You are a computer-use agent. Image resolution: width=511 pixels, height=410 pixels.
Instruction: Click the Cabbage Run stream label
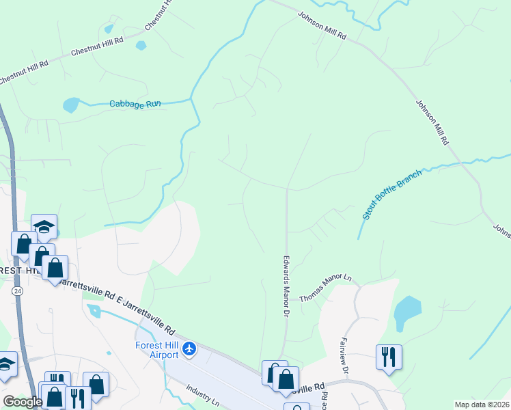(135, 104)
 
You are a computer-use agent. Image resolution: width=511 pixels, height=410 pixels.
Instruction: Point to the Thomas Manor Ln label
(325, 288)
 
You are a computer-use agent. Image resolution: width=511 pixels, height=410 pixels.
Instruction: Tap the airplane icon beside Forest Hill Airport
(189, 350)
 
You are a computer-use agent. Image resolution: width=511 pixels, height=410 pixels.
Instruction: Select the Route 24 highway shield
(16, 290)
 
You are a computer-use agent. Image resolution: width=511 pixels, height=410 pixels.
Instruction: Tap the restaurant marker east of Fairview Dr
(389, 356)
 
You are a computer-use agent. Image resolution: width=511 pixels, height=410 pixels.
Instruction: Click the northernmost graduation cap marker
(44, 226)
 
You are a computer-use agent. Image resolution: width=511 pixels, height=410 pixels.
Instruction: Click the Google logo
(22, 402)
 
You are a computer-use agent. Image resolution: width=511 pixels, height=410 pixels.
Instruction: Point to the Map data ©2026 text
(481, 405)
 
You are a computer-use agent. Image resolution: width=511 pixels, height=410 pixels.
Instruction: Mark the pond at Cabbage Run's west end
(70, 105)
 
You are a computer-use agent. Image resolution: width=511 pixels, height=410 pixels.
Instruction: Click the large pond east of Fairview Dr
(408, 311)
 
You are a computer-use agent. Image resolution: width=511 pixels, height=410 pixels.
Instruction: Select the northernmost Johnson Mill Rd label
(322, 25)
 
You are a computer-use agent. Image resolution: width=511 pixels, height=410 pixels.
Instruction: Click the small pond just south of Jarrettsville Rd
(94, 311)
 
